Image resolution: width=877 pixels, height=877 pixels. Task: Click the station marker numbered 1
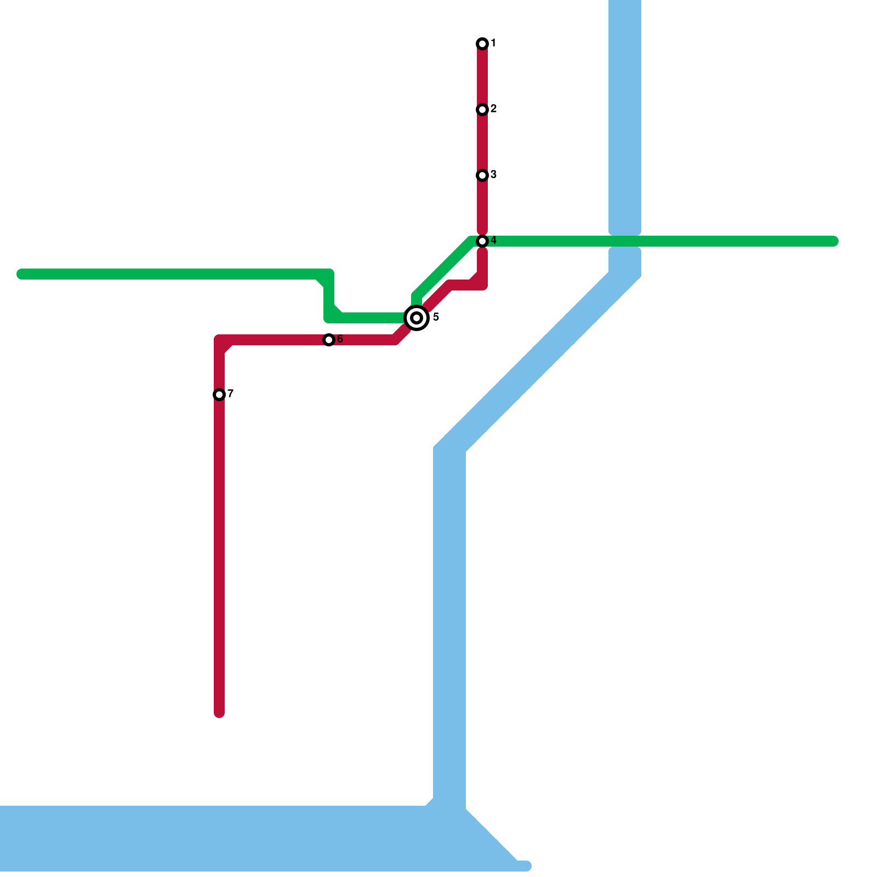tap(482, 44)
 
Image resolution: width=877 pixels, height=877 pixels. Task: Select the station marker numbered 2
tap(482, 110)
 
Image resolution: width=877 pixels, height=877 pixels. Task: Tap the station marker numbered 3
tap(482, 175)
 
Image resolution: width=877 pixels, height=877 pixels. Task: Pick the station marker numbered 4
tap(482, 241)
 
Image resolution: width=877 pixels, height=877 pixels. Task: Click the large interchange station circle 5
tap(417, 318)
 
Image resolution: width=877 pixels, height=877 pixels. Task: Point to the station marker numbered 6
tap(329, 340)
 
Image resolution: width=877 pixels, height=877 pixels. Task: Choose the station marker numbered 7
tap(219, 395)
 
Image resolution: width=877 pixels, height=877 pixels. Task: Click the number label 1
tap(493, 43)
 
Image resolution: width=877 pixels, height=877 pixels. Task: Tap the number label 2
tap(493, 109)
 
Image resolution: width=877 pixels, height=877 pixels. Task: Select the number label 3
tap(493, 175)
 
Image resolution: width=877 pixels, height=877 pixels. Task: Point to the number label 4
tap(493, 241)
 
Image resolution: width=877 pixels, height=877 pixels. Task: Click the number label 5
tap(436, 317)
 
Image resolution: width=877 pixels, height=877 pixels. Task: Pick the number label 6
tap(340, 339)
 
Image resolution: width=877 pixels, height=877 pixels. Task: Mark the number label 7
tap(231, 394)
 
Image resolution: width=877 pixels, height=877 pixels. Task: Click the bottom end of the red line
tap(219, 713)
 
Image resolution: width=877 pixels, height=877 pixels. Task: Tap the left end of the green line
tap(22, 274)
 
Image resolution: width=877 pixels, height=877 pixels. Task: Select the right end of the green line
tap(833, 241)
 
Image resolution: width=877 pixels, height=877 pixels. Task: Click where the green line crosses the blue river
tap(625, 241)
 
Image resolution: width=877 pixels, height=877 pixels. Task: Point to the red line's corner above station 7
tap(220, 340)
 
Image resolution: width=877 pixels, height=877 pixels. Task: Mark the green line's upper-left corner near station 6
tap(329, 274)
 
